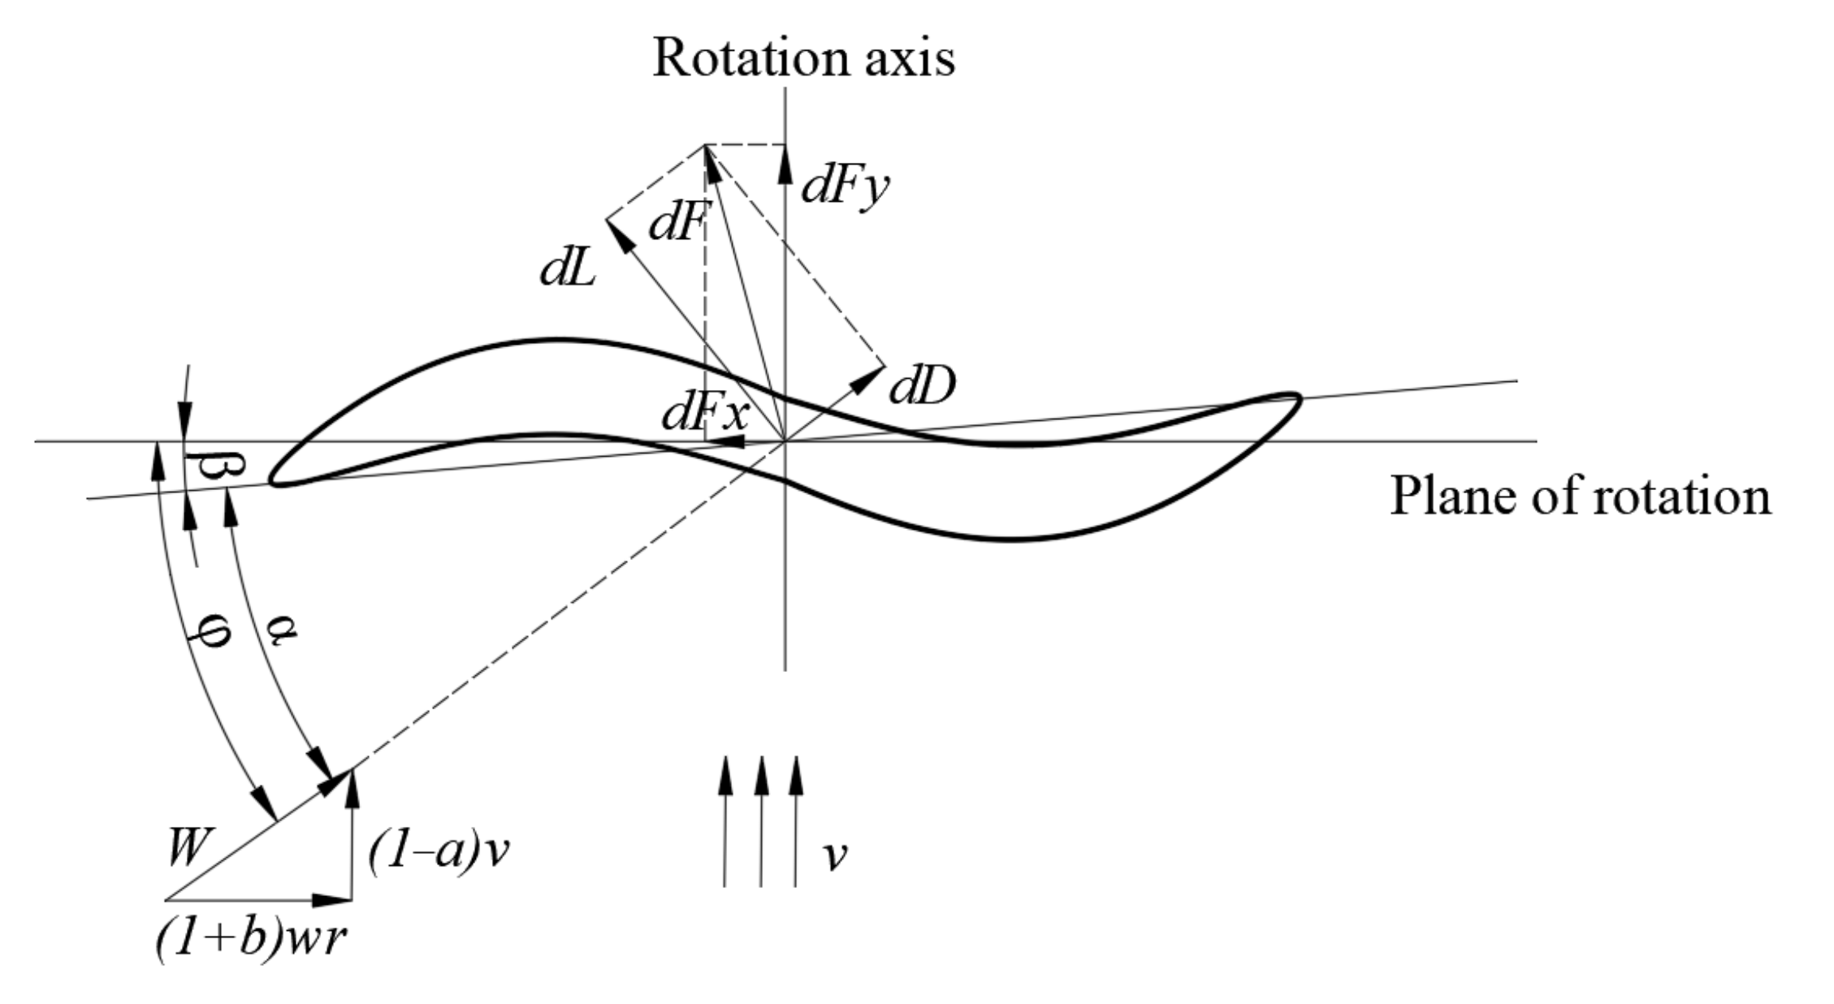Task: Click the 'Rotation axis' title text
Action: point(803,58)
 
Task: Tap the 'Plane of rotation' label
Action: point(1580,496)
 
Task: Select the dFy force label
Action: point(845,187)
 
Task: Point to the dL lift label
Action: point(567,271)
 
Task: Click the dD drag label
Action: point(922,386)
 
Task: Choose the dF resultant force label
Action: point(677,223)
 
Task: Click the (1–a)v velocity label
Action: point(438,853)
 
